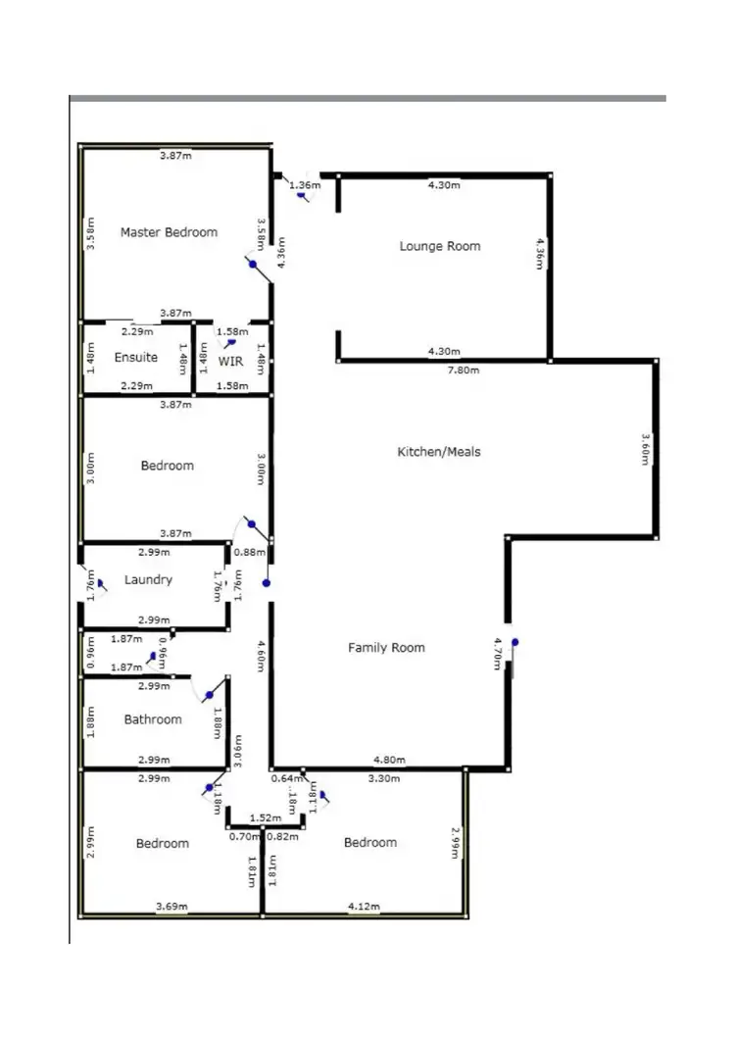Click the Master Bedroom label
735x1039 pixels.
169,232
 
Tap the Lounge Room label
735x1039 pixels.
440,246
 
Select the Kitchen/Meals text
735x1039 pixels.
438,452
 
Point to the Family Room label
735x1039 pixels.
386,648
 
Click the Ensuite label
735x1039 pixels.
135,358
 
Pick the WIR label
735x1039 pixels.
230,361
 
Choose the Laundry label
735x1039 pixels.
148,580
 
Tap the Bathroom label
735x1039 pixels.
153,719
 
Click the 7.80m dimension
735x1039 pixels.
444,370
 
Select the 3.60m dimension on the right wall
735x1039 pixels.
645,449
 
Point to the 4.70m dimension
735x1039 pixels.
498,654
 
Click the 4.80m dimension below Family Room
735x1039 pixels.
389,759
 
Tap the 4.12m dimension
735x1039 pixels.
364,906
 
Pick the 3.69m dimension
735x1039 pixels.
172,906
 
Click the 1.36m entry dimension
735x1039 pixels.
307,185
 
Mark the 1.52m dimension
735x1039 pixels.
262,817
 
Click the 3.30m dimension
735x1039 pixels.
382,779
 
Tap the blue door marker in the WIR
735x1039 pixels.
231,344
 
